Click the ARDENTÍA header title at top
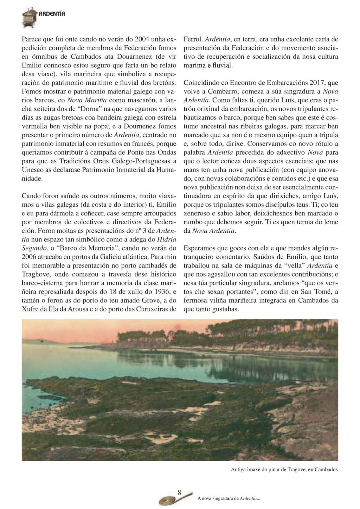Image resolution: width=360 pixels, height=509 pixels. pyautogui.click(x=52, y=14)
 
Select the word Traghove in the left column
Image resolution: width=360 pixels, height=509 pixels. pyautogui.click(x=34, y=274)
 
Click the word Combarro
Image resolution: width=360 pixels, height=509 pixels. pyautogui.click(x=221, y=92)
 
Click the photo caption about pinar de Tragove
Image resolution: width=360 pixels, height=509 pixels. pyautogui.click(x=284, y=469)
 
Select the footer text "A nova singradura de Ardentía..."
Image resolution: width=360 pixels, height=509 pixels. pyautogui.click(x=229, y=498)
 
